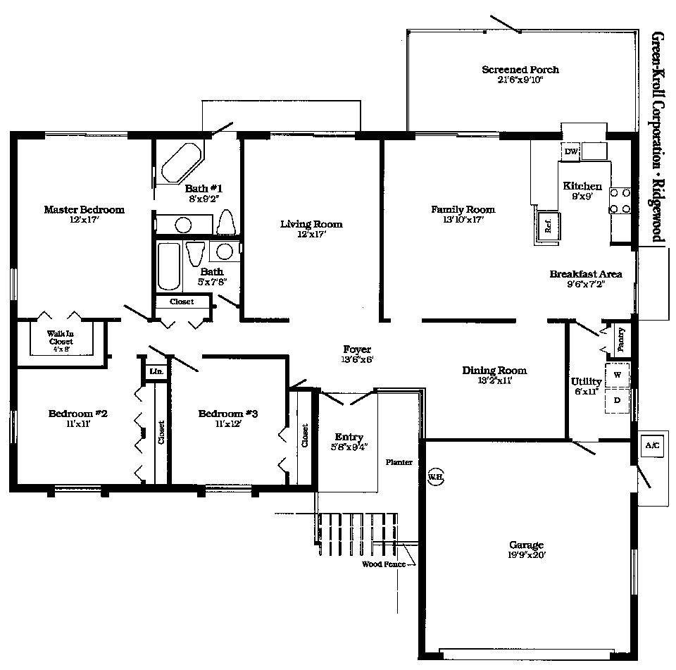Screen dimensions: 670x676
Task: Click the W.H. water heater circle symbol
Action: pyautogui.click(x=435, y=476)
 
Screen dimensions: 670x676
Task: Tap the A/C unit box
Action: pyautogui.click(x=651, y=446)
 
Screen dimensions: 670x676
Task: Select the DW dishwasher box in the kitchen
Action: pyautogui.click(x=570, y=151)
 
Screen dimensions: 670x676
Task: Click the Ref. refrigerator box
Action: pyautogui.click(x=547, y=225)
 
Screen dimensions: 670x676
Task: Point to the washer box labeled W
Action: pyautogui.click(x=617, y=374)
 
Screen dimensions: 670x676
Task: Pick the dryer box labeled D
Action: pyautogui.click(x=617, y=399)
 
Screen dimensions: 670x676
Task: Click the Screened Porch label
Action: pyautogui.click(x=520, y=70)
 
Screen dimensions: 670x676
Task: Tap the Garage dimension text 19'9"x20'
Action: pyautogui.click(x=527, y=555)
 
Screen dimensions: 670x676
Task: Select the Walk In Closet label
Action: pyautogui.click(x=60, y=337)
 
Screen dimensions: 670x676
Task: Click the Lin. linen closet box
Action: pyautogui.click(x=154, y=371)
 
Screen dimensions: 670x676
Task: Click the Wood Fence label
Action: pyautogui.click(x=383, y=564)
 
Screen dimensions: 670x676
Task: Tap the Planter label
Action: pyautogui.click(x=399, y=462)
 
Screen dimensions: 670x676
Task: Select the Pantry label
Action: pyautogui.click(x=620, y=340)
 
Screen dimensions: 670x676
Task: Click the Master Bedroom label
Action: pyautogui.click(x=84, y=209)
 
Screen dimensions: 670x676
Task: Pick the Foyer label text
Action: pyautogui.click(x=357, y=349)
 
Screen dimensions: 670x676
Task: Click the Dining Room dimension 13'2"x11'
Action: pyautogui.click(x=494, y=380)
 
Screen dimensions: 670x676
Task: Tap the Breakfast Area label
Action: pyautogui.click(x=585, y=274)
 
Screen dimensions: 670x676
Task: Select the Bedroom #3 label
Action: pyautogui.click(x=227, y=414)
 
